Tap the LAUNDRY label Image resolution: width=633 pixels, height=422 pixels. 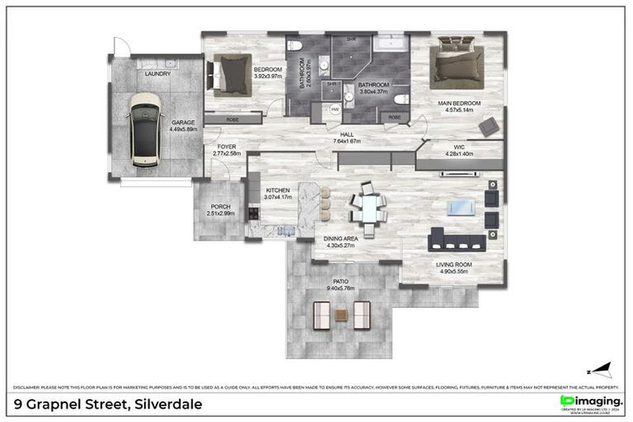click(x=157, y=74)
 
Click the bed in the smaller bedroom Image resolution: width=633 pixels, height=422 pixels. click(x=232, y=75)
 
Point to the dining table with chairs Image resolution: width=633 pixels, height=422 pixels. click(x=368, y=209)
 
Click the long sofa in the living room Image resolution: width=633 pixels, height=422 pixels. click(x=459, y=240)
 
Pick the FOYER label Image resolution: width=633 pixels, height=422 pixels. click(x=227, y=146)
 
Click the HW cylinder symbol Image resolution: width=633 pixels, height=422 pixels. click(x=335, y=109)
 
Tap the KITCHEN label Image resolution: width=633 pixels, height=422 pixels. click(x=278, y=190)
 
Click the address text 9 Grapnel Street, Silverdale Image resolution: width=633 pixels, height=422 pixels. click(x=107, y=404)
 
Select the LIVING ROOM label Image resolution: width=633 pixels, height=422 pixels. click(x=452, y=265)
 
